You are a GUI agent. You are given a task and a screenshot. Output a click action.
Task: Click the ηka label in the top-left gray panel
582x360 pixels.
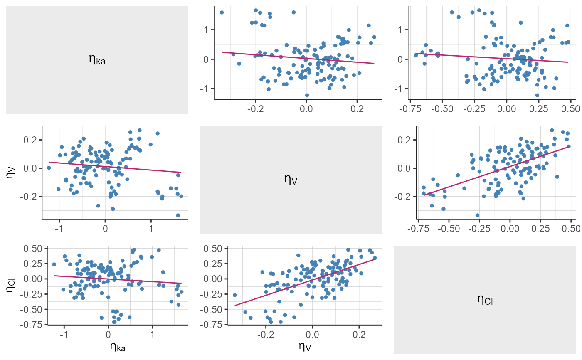97,59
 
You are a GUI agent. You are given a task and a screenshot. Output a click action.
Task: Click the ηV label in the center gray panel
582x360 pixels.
291,180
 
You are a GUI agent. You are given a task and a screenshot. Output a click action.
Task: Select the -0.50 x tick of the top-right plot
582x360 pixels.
441,109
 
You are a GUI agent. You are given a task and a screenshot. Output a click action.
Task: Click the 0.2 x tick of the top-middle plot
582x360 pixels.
357,109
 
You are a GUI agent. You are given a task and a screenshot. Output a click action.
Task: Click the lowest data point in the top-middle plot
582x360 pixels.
307,95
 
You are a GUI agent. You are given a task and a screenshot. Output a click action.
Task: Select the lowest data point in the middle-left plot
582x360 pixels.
178,215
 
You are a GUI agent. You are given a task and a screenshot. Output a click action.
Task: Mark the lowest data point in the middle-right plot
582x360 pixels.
477,215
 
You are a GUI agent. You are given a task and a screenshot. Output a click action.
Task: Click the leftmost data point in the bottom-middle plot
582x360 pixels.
234,295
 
